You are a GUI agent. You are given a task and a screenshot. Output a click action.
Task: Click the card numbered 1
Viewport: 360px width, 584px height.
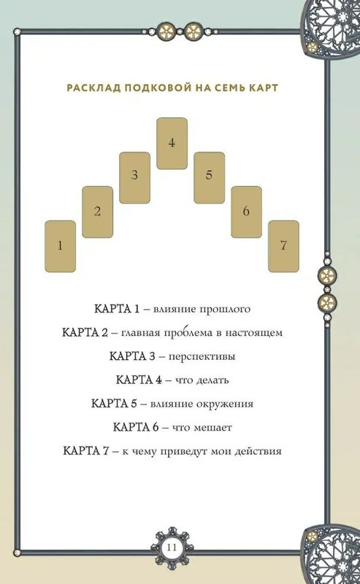(61, 246)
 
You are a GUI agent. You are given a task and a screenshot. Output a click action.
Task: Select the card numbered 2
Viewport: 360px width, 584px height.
(97, 212)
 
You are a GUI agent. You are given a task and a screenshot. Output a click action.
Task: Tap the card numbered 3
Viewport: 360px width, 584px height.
(134, 177)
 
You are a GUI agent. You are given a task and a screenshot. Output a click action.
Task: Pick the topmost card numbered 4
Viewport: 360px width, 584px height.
(172, 143)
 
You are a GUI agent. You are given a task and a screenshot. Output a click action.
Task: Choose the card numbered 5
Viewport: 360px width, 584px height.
(209, 177)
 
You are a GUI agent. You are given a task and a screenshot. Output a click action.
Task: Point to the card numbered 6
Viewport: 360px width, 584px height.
(246, 212)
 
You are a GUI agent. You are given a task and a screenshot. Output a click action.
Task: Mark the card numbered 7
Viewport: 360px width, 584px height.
(283, 246)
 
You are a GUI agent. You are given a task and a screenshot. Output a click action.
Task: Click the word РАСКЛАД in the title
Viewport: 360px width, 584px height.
(93, 88)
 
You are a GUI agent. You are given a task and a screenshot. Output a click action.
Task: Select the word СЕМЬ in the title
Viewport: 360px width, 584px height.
(229, 88)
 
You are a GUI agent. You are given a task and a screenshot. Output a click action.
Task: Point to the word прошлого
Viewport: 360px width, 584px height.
(225, 309)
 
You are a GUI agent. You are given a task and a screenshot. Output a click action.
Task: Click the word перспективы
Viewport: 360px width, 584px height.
(202, 357)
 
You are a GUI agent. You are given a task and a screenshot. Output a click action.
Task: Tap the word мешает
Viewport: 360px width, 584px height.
(212, 428)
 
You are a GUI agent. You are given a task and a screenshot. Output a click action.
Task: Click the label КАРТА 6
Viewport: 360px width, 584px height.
(136, 427)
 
